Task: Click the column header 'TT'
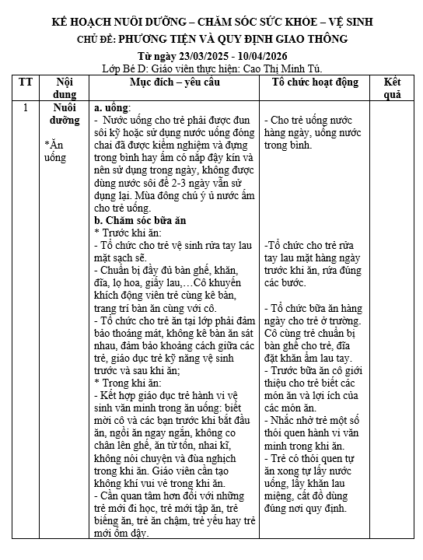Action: click(26, 82)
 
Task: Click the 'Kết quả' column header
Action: click(392, 88)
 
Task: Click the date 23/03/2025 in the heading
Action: click(211, 58)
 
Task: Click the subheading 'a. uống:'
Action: click(112, 108)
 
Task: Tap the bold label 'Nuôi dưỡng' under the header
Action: click(61, 114)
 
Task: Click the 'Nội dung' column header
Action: click(61, 88)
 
